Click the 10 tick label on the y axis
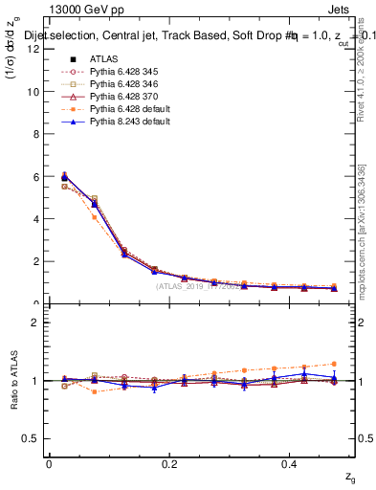pyautogui.click(x=34, y=92)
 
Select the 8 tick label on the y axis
pyautogui.click(x=37, y=134)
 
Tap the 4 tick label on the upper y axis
pyautogui.click(x=37, y=219)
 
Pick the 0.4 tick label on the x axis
pyautogui.click(x=292, y=464)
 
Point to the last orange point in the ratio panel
pyautogui.click(x=334, y=364)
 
